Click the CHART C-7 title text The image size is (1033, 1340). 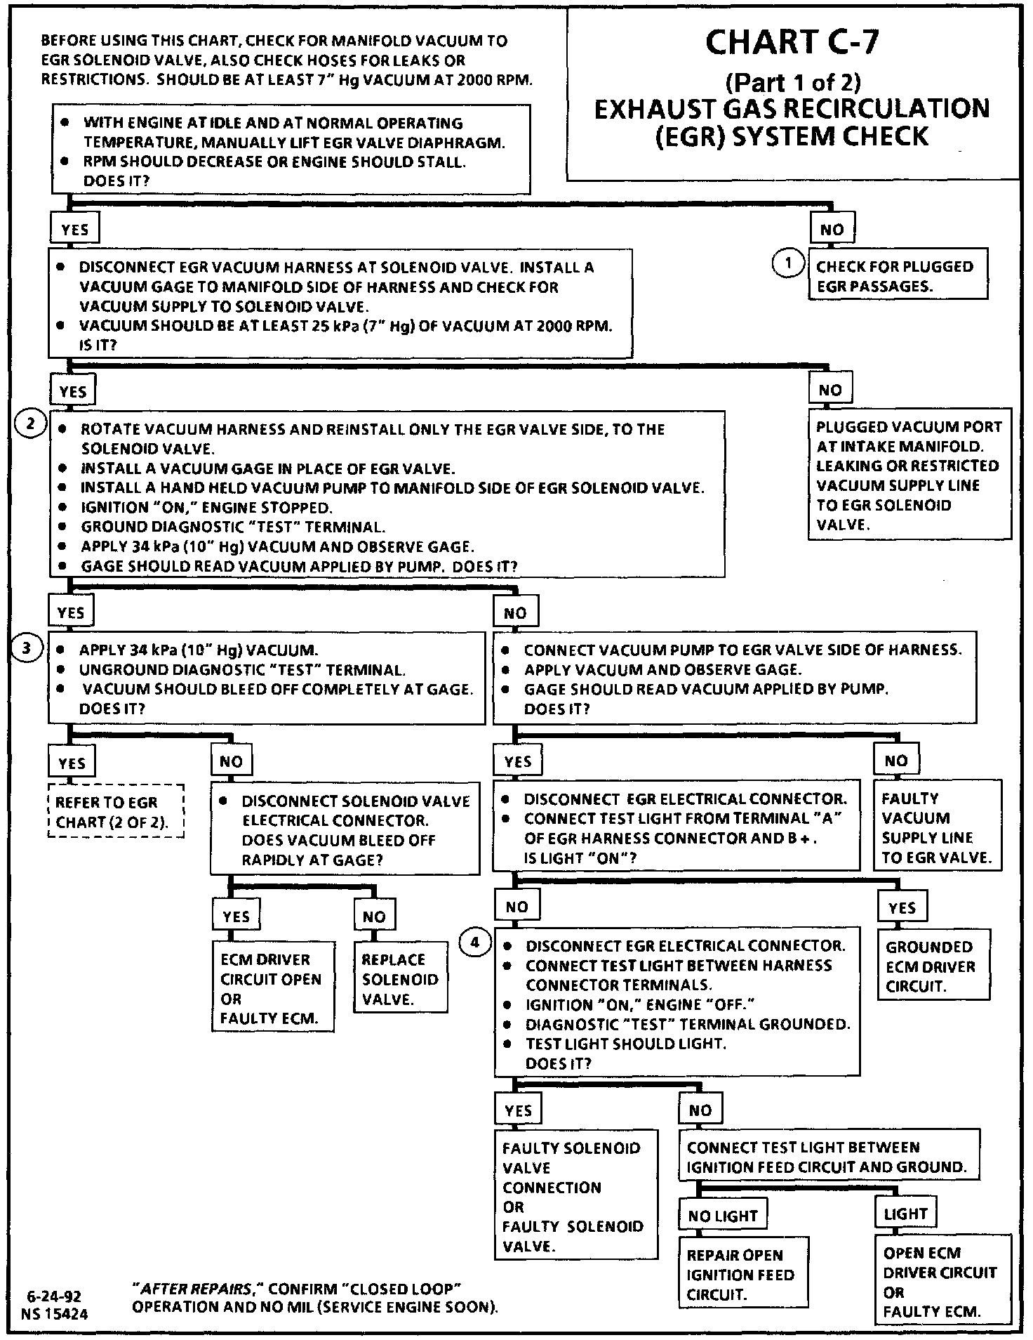tap(791, 42)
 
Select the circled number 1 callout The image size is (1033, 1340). tap(788, 264)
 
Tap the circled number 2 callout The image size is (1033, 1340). tap(30, 424)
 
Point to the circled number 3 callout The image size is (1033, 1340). tap(27, 648)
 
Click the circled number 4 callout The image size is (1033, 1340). tap(475, 942)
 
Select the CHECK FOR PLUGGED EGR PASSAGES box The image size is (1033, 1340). tap(898, 276)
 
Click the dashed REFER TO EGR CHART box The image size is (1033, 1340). tap(116, 812)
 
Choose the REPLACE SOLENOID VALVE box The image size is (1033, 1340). tap(400, 979)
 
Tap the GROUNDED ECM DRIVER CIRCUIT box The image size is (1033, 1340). tap(933, 966)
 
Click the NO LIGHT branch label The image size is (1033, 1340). tap(723, 1216)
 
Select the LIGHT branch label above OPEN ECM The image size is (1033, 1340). tap(905, 1214)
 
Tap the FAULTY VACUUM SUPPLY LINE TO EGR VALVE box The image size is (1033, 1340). tap(937, 827)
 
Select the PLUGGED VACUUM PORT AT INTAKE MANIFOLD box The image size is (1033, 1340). tap(909, 475)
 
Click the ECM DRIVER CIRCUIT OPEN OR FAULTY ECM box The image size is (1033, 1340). tap(272, 988)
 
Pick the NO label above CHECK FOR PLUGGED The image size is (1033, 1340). tap(832, 230)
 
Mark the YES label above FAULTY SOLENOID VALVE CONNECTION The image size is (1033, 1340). tap(518, 1110)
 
